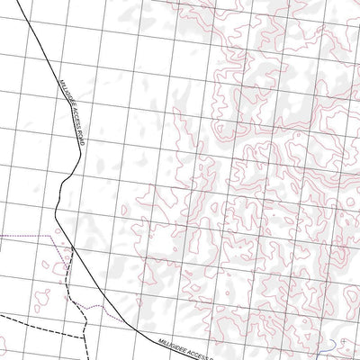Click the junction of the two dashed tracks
(83, 331)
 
